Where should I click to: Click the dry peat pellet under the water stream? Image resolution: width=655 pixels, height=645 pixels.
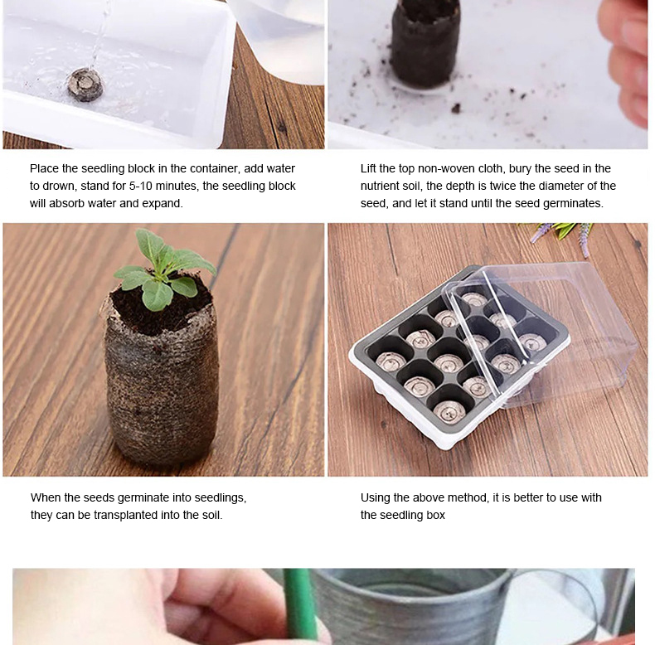click(x=85, y=85)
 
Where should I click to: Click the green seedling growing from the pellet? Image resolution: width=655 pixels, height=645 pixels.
click(x=164, y=268)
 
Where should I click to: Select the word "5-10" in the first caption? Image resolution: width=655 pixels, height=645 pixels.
click(x=140, y=186)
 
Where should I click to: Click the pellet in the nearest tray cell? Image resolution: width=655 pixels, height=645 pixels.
click(x=449, y=411)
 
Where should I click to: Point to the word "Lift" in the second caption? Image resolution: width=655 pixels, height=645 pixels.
click(x=368, y=168)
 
